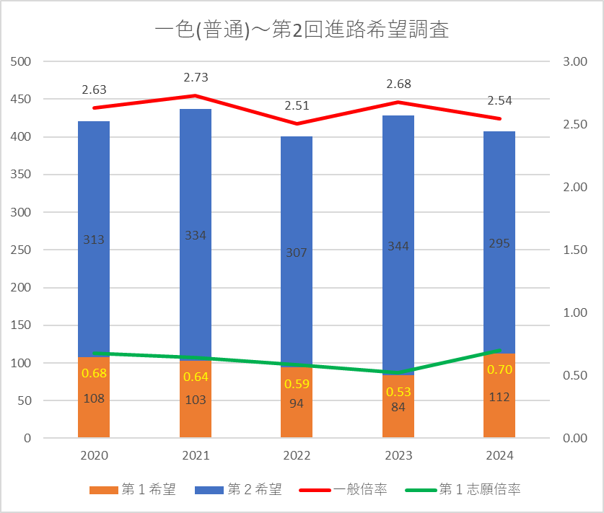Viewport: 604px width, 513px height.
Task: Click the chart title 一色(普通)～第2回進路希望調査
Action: tap(302, 30)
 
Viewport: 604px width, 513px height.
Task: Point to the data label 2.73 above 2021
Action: tap(196, 77)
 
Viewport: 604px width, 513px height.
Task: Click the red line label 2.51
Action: tap(297, 105)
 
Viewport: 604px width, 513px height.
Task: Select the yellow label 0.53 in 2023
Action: tap(398, 391)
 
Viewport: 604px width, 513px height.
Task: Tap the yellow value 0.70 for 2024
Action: tap(499, 369)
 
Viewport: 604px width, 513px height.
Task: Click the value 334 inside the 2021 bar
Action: tap(196, 235)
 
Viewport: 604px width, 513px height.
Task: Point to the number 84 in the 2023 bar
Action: tap(398, 407)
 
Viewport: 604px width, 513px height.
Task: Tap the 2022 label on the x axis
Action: tap(297, 456)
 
